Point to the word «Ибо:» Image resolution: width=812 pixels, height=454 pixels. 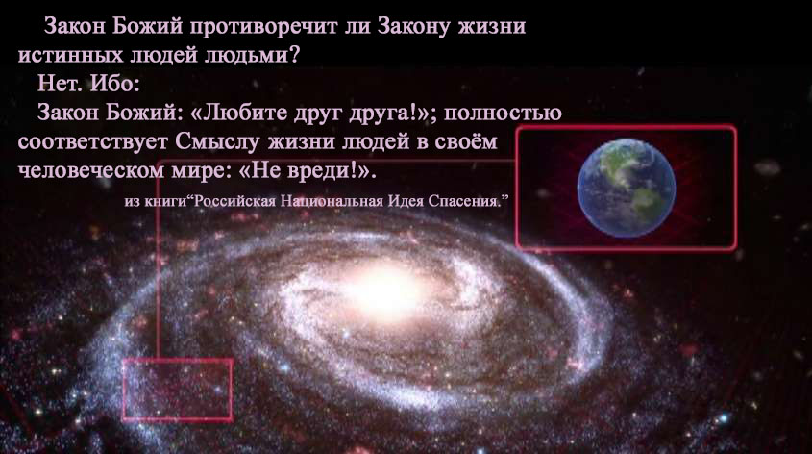click(x=115, y=83)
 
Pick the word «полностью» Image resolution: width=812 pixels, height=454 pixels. click(x=503, y=113)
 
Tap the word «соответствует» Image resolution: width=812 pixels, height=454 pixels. click(x=92, y=142)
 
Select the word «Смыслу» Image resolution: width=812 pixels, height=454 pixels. click(x=216, y=142)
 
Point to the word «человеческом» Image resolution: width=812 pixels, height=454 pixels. click(x=90, y=171)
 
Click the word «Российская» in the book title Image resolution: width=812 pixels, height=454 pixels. click(x=234, y=201)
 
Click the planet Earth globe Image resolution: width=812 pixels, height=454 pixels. click(x=627, y=188)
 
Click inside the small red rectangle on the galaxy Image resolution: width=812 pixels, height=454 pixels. click(x=178, y=390)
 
